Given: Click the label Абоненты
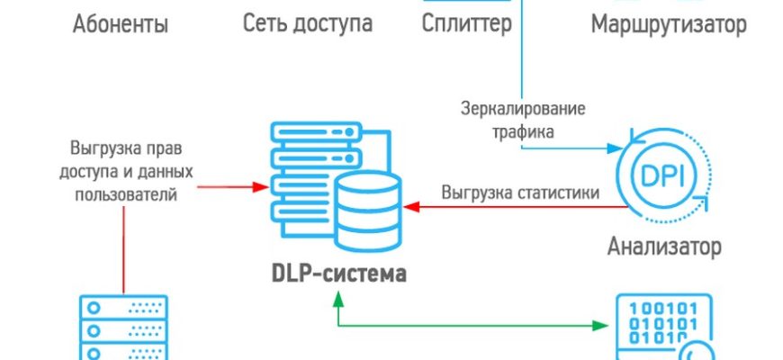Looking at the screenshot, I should pyautogui.click(x=120, y=24).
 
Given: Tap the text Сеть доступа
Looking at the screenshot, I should pyautogui.click(x=308, y=24).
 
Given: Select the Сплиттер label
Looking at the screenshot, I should pyautogui.click(x=467, y=24).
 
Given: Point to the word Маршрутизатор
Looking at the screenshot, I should pyautogui.click(x=668, y=24).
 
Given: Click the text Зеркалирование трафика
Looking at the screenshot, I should pyautogui.click(x=522, y=121).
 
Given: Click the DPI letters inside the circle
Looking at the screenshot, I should pyautogui.click(x=665, y=176).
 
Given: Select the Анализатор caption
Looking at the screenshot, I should pyautogui.click(x=664, y=246).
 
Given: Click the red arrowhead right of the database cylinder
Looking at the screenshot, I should pyautogui.click(x=409, y=207).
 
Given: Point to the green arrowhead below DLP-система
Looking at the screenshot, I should pyautogui.click(x=337, y=301).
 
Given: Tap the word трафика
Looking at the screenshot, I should pyautogui.click(x=522, y=131).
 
